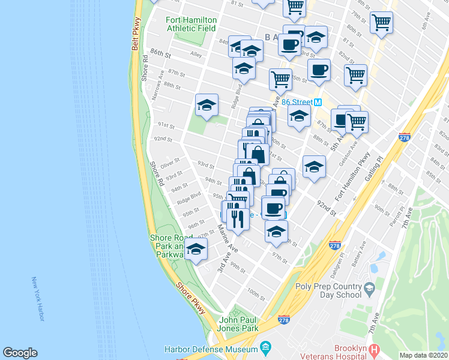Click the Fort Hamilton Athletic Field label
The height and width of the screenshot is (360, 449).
click(191, 24)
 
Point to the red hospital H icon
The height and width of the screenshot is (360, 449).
click(375, 349)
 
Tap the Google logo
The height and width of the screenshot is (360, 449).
click(20, 353)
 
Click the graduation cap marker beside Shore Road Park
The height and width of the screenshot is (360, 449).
click(196, 250)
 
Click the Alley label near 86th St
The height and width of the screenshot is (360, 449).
click(196, 54)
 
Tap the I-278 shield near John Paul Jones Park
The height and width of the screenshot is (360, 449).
click(284, 321)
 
